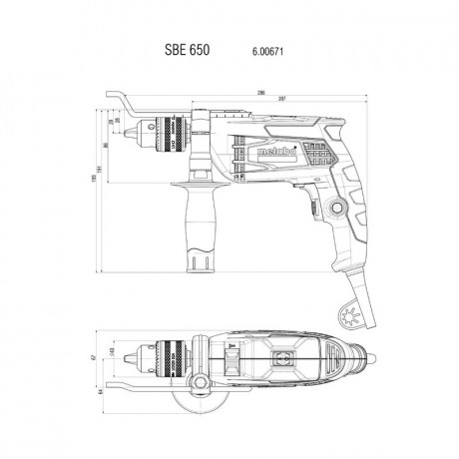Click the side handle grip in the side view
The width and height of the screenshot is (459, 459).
coord(195,229)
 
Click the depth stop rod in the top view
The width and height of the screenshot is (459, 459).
coord(140,384)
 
